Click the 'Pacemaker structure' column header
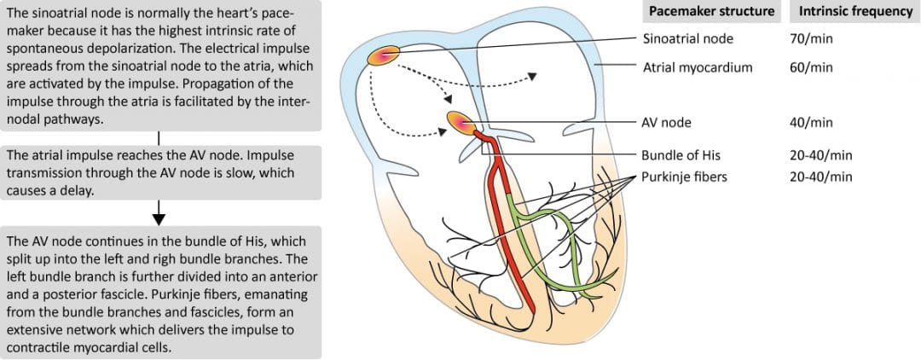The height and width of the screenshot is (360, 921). coord(711,12)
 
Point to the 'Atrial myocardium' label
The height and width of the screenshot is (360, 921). coord(698,67)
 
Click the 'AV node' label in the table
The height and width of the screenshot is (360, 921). coord(666,122)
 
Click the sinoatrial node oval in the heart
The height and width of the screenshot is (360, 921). coord(382,56)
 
